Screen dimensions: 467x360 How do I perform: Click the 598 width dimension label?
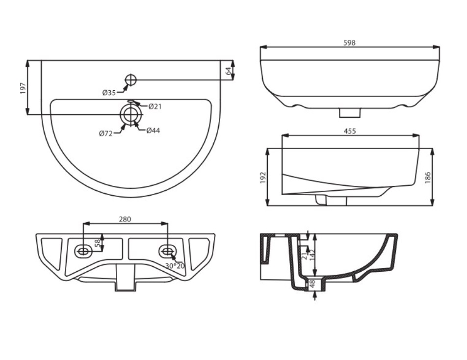coord(349,43)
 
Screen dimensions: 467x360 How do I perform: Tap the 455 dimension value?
coord(350,131)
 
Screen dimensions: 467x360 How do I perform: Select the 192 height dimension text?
coord(263,178)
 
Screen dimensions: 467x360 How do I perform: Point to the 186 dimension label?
coord(428,178)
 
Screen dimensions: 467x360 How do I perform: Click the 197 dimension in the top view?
coord(23,88)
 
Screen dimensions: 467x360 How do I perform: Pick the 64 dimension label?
coord(228,71)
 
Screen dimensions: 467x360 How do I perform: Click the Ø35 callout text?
coord(109,93)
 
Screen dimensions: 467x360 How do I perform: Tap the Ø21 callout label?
coord(155,106)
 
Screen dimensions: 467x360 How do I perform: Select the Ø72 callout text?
coord(106,134)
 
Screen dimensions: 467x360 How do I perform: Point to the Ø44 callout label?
coord(153,130)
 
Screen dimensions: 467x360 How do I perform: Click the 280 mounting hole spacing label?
coord(125,219)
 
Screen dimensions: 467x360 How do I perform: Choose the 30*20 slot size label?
coord(175,266)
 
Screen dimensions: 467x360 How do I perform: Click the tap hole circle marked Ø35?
coord(130,79)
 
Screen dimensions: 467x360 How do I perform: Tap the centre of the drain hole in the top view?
coord(130,114)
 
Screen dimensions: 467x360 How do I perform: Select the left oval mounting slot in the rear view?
coord(83,251)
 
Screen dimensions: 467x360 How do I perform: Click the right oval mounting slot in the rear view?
coord(168,251)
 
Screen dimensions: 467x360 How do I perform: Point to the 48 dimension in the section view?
coord(312,284)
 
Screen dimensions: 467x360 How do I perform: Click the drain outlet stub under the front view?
coord(350,112)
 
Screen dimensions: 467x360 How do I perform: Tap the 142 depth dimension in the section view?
coord(312,255)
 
